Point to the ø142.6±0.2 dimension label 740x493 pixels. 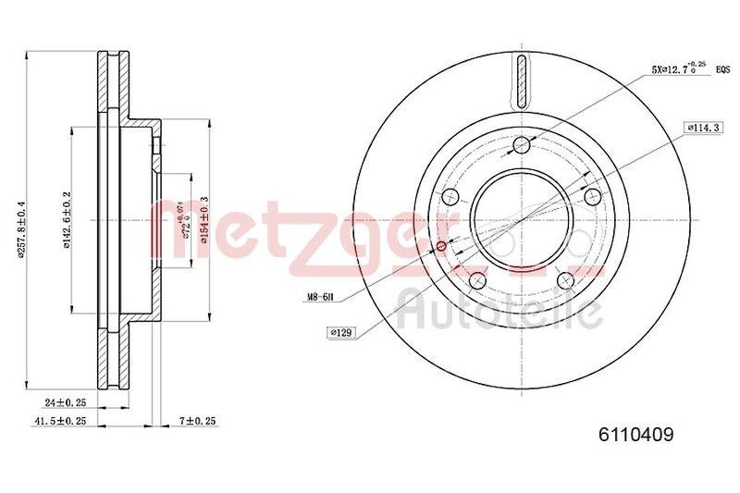66,222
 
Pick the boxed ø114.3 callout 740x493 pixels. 701,128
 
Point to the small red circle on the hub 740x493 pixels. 440,245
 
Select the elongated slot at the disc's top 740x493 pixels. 523,80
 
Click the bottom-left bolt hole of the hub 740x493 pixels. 478,279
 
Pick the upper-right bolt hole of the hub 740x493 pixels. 592,195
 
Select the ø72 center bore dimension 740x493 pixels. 184,221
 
